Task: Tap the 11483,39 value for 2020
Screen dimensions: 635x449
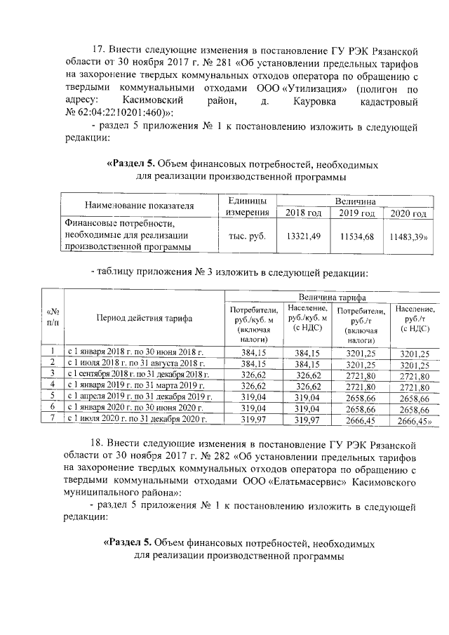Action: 409,236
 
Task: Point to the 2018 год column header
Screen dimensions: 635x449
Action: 304,213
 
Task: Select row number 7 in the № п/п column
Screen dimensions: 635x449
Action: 53,419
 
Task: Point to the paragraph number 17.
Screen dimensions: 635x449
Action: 100,51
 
